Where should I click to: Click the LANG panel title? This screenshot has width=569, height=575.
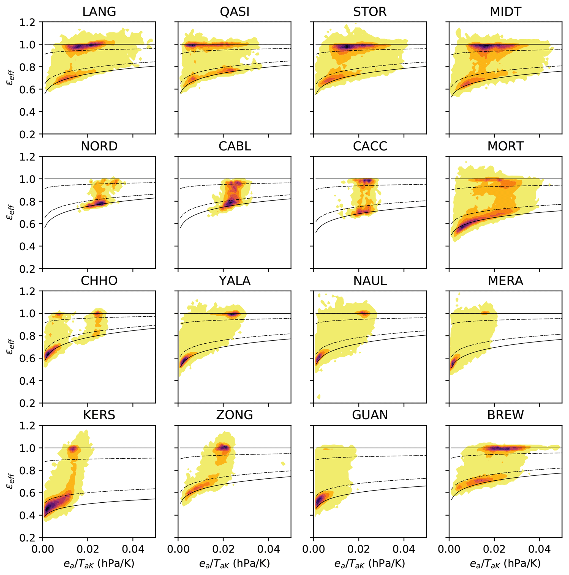(x=99, y=12)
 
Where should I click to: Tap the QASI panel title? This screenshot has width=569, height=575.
(x=235, y=12)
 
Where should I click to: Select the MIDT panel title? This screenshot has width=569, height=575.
(x=506, y=12)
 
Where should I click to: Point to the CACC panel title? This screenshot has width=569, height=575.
(x=370, y=146)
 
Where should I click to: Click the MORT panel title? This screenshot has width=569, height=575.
(x=506, y=146)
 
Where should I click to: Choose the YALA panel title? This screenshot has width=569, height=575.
(x=235, y=281)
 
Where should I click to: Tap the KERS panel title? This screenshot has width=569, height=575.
(x=99, y=415)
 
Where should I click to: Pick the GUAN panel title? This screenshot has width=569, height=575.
(x=370, y=415)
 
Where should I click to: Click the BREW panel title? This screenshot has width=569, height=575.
(x=506, y=415)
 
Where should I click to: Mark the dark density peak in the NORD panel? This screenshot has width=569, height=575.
(x=101, y=203)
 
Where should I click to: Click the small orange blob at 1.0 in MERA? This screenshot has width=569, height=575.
(x=485, y=313)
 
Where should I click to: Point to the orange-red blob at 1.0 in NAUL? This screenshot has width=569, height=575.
(x=364, y=313)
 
